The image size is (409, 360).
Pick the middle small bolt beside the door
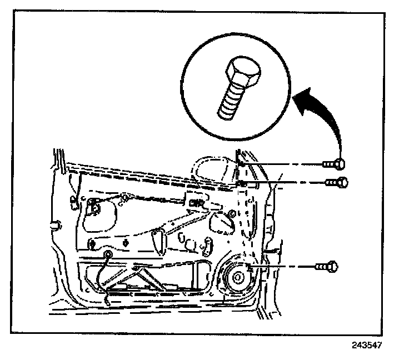point(336,182)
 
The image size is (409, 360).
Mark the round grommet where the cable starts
point(107,255)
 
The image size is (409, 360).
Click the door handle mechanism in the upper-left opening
point(94,208)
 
